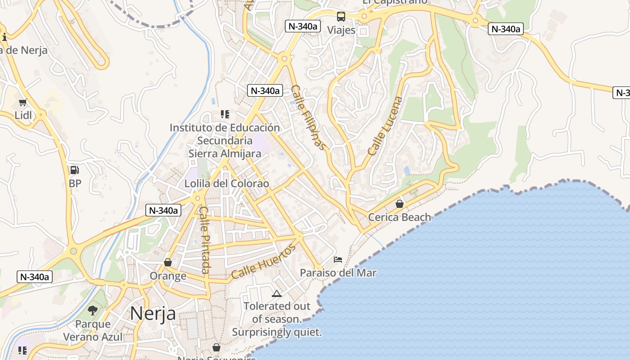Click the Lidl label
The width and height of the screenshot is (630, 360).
coord(23,115)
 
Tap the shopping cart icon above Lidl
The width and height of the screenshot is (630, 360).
coord(23,103)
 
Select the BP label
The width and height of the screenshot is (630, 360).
coord(75,183)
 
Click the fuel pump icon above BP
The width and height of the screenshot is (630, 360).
coord(75,170)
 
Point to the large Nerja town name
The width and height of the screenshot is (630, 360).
coord(153,314)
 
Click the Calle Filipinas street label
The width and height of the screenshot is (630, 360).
coord(308,117)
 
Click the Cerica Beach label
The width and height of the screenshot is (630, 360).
coord(400,217)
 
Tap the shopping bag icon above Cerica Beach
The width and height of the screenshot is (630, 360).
coord(400,204)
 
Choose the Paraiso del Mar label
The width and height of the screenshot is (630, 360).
coord(338,273)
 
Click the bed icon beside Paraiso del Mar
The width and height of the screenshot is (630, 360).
coord(338,260)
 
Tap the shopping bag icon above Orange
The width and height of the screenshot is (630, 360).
coord(168,262)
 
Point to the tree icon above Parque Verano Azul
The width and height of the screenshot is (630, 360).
coord(93,310)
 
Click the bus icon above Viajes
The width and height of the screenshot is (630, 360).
coord(341,17)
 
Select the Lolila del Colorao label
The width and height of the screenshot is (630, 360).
coord(227,184)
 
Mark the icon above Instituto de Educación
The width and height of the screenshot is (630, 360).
coord(225,114)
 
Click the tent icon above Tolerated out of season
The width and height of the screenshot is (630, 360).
coord(277,294)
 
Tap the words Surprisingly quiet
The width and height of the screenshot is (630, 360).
coord(277,333)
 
